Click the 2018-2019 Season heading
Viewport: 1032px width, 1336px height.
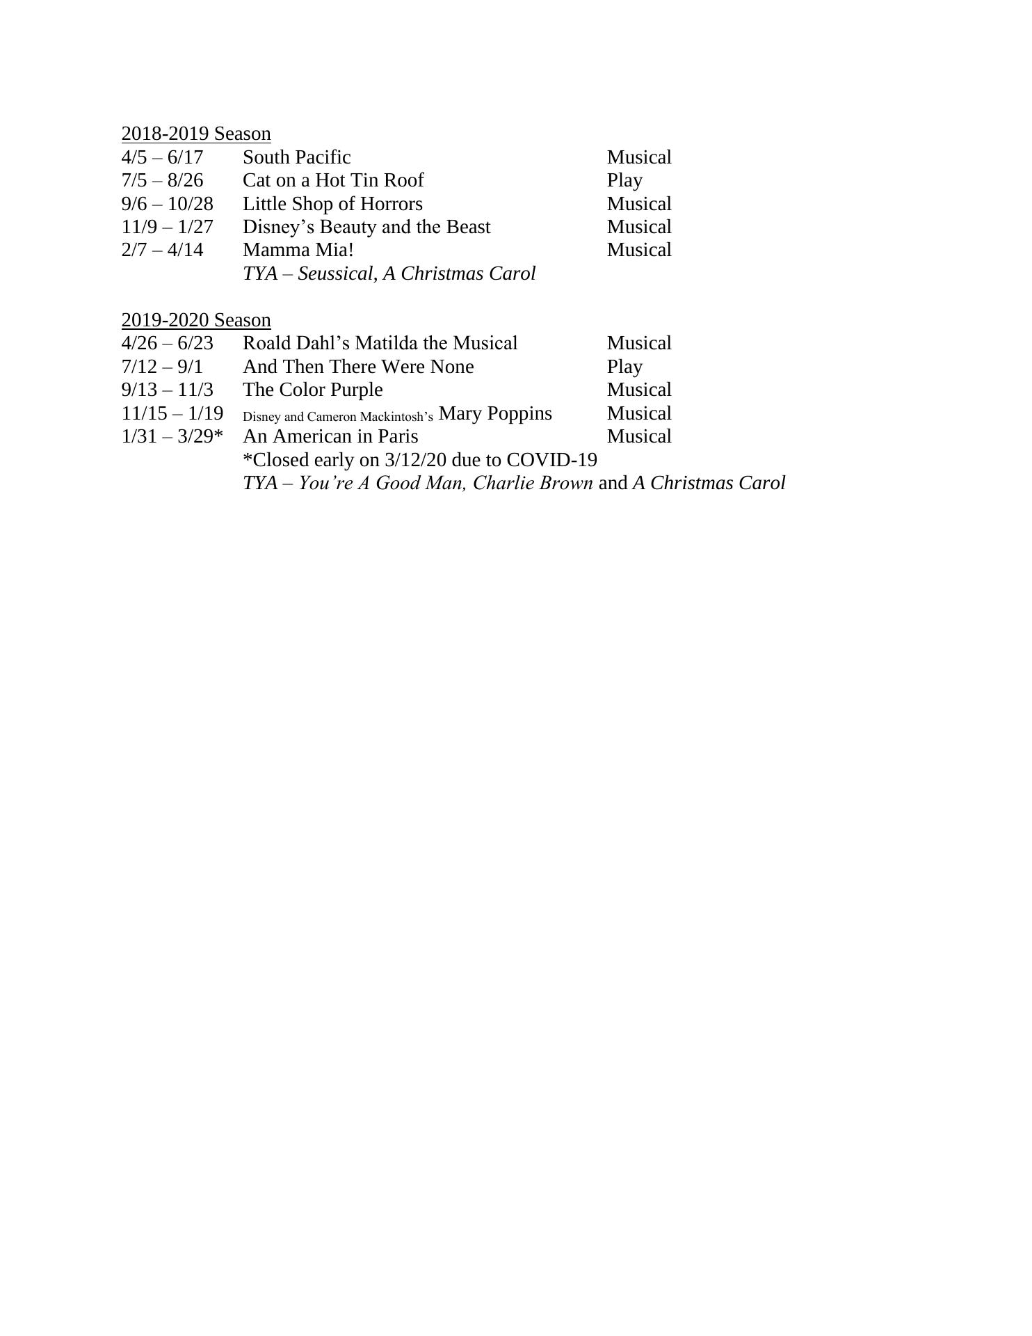196,134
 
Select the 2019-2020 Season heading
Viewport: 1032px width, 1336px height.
196,320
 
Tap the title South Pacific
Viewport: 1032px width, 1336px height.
296,157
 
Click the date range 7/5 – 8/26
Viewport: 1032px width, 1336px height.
162,180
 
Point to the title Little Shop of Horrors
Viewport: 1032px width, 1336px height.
332,204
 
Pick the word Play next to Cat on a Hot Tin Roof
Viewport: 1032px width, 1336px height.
624,180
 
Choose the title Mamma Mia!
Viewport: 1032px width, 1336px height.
298,250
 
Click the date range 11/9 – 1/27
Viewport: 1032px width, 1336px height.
167,227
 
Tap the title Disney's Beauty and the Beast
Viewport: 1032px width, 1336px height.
366,227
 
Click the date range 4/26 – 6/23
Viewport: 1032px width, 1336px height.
167,343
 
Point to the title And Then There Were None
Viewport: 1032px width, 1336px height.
358,367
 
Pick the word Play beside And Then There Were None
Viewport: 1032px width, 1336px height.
624,367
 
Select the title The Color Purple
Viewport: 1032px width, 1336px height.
312,390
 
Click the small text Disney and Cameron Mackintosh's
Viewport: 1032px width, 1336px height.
338,417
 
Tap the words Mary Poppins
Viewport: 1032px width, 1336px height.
495,413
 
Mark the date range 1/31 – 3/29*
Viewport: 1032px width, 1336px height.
172,436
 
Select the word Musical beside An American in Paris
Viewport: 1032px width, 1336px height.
639,436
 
